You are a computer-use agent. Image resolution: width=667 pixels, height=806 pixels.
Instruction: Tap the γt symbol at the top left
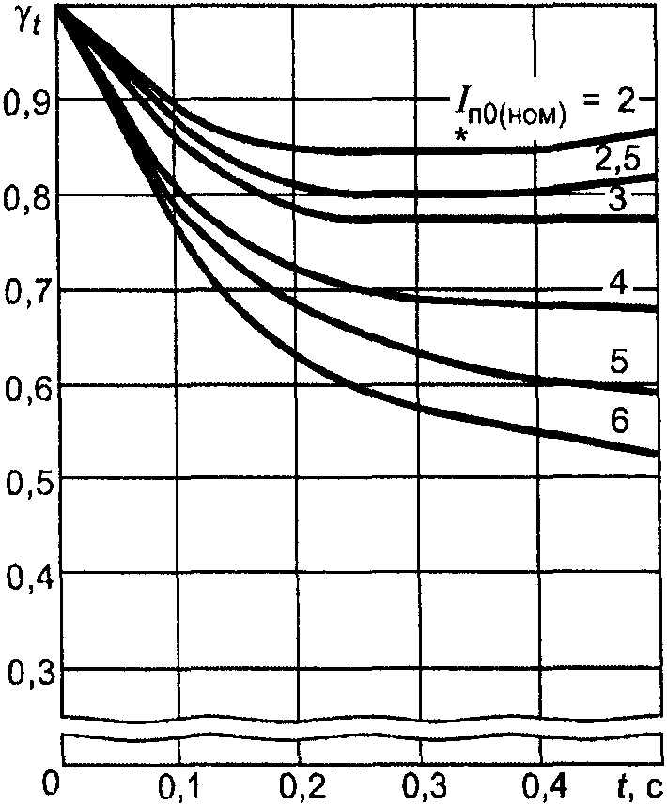[x=25, y=22]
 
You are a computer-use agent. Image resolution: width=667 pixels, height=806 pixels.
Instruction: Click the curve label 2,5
[x=617, y=160]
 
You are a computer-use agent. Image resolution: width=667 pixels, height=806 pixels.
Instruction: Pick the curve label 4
[x=620, y=284]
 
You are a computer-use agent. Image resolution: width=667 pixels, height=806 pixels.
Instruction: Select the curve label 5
[x=619, y=361]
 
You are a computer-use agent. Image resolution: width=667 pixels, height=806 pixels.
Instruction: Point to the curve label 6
[x=620, y=422]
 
